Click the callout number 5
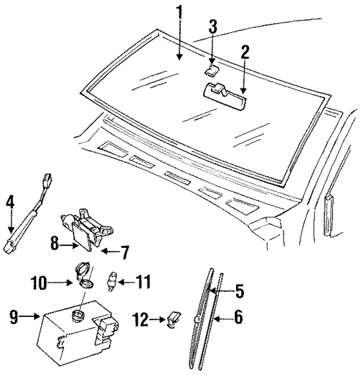[238, 292]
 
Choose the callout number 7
[124, 251]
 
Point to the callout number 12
[141, 320]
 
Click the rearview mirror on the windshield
[224, 92]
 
